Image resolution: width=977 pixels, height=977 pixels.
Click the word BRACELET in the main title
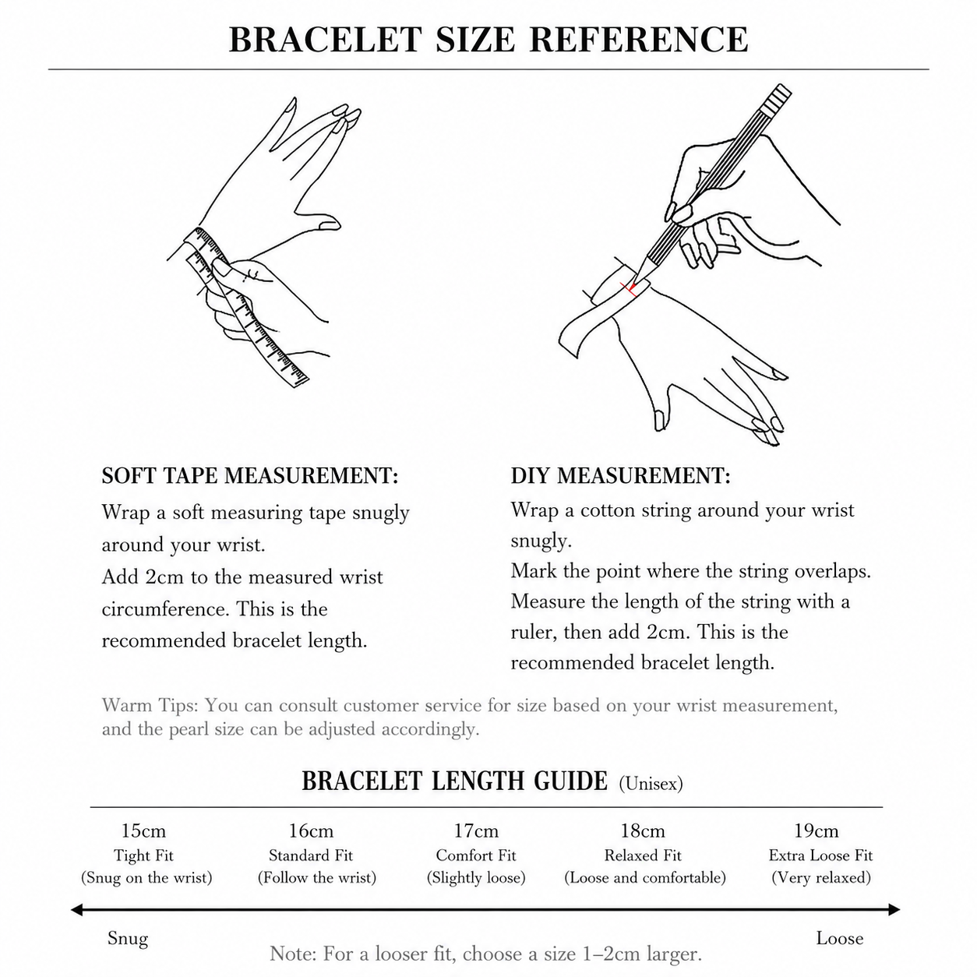(x=325, y=40)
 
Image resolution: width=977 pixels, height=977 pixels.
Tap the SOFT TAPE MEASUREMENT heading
(x=250, y=475)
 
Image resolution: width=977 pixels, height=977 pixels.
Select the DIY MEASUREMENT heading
(x=621, y=475)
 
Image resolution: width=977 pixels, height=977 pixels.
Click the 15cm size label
(x=143, y=831)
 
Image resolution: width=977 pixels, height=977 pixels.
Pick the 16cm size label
(x=311, y=831)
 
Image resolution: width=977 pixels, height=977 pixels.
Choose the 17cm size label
(x=476, y=831)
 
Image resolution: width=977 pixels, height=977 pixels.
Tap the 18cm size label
(x=643, y=831)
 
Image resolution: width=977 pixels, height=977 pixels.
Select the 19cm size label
(x=817, y=831)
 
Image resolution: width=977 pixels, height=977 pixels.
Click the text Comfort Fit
(x=476, y=855)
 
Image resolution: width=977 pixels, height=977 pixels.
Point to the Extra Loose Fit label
(x=821, y=855)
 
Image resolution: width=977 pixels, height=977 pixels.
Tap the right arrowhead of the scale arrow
(x=894, y=909)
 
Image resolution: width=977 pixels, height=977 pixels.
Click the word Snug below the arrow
(x=128, y=939)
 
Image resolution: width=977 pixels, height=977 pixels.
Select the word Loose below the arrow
(x=840, y=938)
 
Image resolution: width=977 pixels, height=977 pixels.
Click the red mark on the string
(x=630, y=289)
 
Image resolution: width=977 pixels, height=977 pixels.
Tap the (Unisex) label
(x=651, y=784)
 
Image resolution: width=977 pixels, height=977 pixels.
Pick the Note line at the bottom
(x=485, y=954)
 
